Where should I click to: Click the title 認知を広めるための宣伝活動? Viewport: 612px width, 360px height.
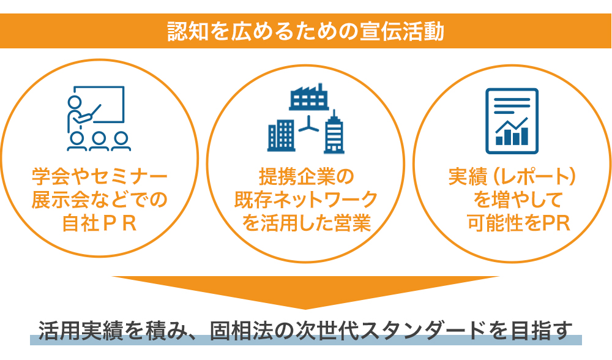[x=305, y=31]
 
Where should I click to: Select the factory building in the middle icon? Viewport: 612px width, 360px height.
[x=308, y=97]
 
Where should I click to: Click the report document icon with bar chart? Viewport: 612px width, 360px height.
[x=512, y=121]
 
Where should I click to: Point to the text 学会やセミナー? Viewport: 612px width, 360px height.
[x=100, y=177]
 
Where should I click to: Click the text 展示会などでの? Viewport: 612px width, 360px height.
[x=100, y=200]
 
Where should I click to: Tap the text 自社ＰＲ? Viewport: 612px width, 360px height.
[x=100, y=223]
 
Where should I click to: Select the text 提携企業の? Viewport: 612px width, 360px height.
[x=306, y=177]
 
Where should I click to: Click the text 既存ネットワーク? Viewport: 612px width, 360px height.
[x=306, y=200]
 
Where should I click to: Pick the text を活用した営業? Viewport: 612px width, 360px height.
[x=306, y=223]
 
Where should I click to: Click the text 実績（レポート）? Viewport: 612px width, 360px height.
[x=512, y=177]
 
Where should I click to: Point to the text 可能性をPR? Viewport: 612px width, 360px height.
[x=519, y=223]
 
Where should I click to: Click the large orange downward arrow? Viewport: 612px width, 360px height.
[x=305, y=290]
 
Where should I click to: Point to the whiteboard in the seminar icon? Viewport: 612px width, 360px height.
[x=99, y=105]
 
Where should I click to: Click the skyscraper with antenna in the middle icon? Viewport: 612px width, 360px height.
[x=334, y=132]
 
